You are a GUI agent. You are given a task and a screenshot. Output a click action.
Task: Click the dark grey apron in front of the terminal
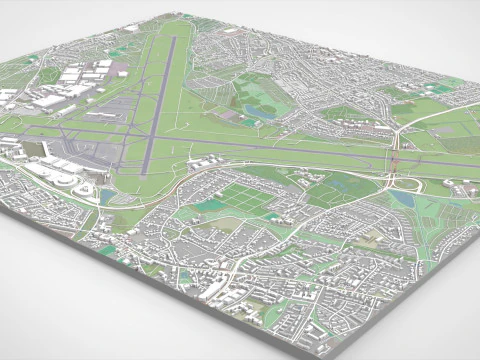pos(70,160)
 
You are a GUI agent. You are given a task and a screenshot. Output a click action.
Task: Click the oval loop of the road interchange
pos(404,184)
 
